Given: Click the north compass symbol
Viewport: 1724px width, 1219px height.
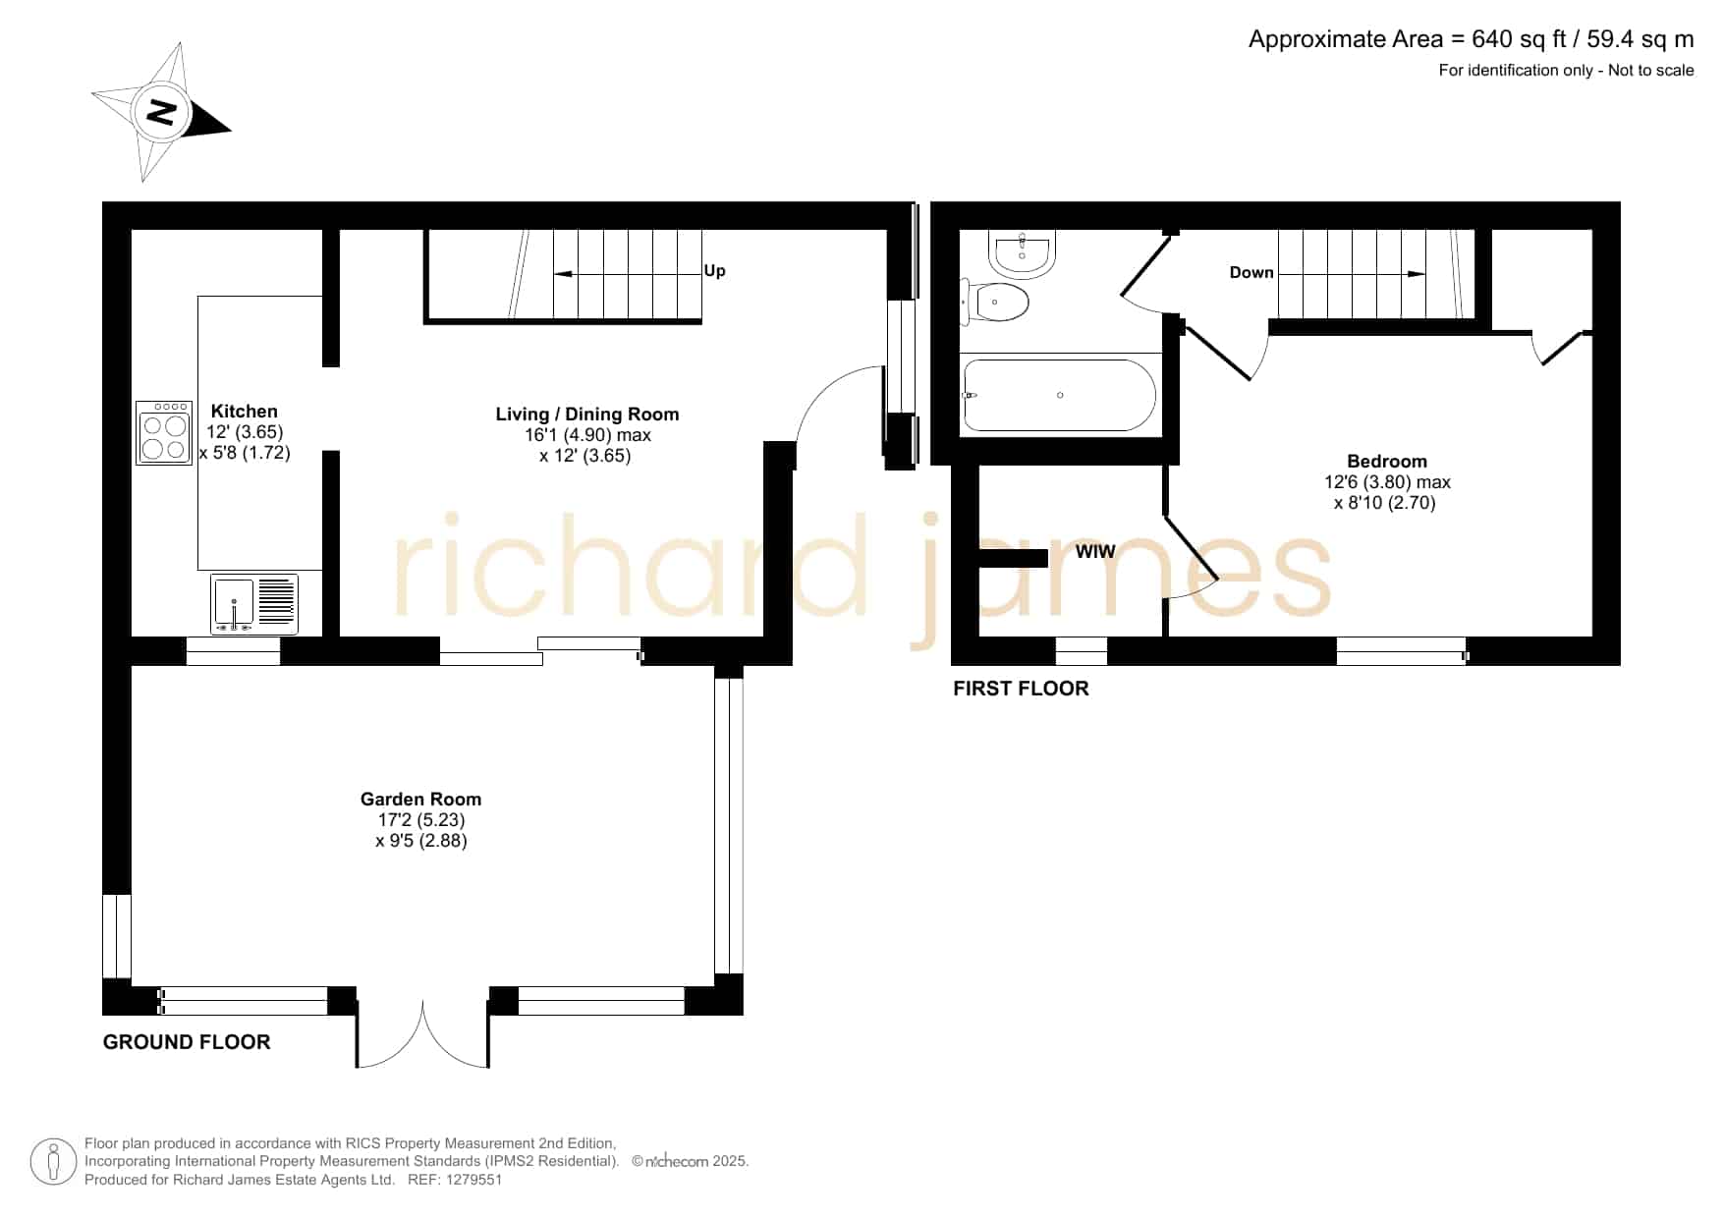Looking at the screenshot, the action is [x=161, y=112].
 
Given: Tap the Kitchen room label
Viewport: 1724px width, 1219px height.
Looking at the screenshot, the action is [x=245, y=412].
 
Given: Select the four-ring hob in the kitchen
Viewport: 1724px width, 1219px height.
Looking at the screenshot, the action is [x=164, y=432].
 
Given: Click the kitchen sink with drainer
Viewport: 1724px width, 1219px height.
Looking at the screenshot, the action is [x=253, y=604].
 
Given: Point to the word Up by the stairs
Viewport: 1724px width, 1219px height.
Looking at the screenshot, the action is [x=714, y=271].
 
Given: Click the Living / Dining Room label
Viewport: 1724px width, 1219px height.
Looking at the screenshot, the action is [x=587, y=415].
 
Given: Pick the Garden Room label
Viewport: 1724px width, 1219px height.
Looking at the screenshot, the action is [x=420, y=800].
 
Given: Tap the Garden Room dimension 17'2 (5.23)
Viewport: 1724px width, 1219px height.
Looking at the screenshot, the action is [x=420, y=820].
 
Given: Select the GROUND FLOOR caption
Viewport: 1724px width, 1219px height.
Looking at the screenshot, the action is [x=187, y=1042].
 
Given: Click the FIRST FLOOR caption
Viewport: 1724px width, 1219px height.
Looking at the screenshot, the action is [x=1021, y=689].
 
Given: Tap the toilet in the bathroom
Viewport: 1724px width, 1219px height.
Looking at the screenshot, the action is [x=994, y=302].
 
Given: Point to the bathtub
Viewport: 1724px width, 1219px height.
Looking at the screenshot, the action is [x=1060, y=395].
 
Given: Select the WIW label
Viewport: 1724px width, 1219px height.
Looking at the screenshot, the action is [x=1095, y=552].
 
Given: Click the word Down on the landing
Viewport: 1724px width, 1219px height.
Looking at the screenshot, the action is [x=1251, y=272].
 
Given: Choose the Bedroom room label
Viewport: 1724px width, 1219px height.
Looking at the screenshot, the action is [x=1387, y=462].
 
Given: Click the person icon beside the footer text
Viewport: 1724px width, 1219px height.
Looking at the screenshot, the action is [x=53, y=1162].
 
